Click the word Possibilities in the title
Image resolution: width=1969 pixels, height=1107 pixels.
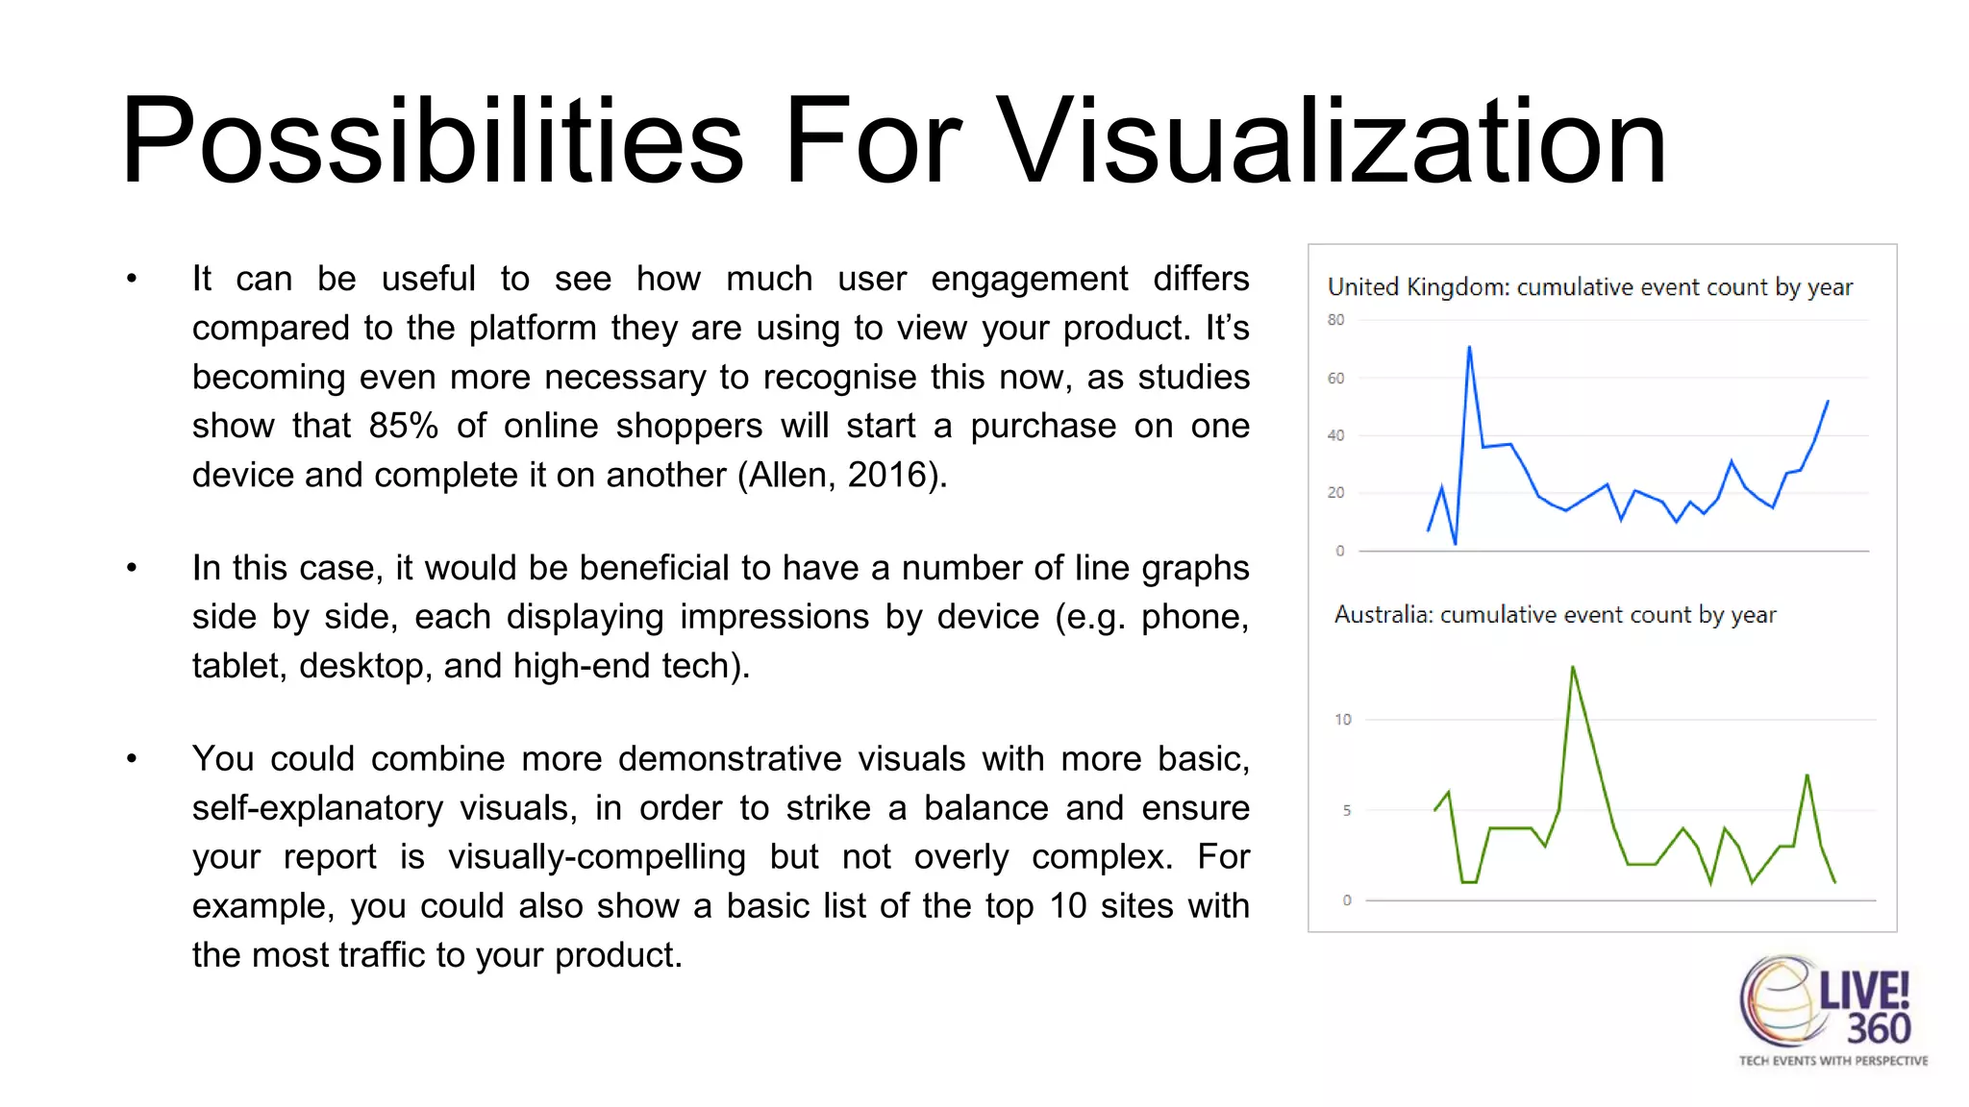(433, 142)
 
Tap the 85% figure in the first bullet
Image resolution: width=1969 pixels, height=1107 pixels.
(404, 426)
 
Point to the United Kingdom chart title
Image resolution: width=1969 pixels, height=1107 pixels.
(1589, 286)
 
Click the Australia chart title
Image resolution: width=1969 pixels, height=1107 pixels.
(1555, 614)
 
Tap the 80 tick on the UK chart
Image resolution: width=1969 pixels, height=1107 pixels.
(1335, 320)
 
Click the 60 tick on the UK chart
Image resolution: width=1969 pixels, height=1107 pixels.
(1335, 379)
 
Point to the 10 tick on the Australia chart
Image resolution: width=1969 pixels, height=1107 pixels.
(1342, 720)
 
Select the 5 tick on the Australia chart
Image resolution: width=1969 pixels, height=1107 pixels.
(1346, 811)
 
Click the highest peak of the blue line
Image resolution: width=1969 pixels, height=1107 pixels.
(1469, 348)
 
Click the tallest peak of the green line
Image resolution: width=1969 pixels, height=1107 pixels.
(1573, 667)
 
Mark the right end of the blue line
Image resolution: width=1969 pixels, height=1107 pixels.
(1827, 402)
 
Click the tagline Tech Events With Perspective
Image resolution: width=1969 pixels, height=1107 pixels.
(1832, 1061)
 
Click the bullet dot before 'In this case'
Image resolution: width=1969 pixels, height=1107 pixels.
(132, 569)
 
